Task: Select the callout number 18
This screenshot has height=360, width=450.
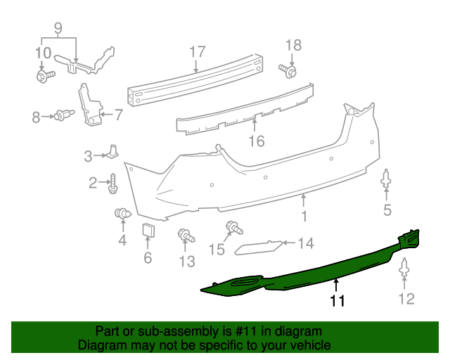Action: point(293,45)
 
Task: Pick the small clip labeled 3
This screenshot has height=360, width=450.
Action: point(113,152)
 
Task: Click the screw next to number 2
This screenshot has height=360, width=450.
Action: point(112,184)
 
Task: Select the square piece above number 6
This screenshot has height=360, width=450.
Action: point(148,232)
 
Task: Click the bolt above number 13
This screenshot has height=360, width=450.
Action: point(186,236)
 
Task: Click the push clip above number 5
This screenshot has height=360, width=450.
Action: point(387,179)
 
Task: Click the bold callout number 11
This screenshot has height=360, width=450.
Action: point(338,301)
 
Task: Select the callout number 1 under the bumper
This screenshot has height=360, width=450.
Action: point(304,217)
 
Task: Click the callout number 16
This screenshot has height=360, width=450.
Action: point(256,141)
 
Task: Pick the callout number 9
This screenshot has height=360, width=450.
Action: point(58,30)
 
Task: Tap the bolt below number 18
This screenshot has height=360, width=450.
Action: point(288,70)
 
